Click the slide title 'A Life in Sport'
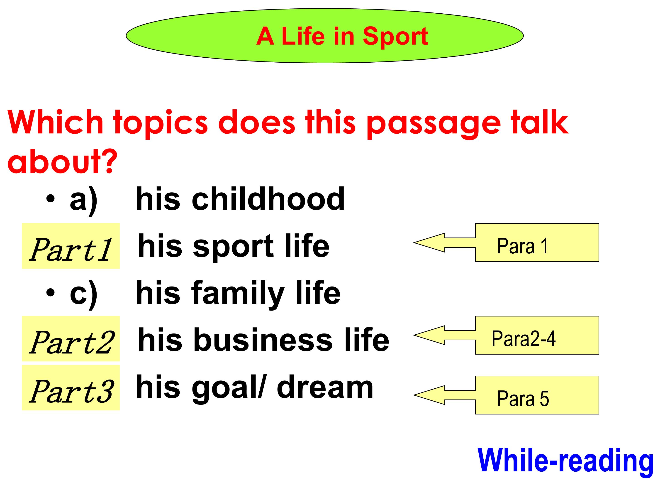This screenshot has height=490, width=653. [342, 36]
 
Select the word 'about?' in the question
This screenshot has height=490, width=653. [63, 162]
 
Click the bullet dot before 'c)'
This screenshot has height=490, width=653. [51, 293]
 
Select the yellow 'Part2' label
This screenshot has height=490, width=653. [71, 338]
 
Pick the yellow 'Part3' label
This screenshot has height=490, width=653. [71, 387]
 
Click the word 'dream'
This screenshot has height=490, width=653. [325, 387]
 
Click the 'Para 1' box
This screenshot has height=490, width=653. [537, 243]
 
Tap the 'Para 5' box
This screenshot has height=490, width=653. [537, 395]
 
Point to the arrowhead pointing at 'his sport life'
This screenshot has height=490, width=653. [429, 243]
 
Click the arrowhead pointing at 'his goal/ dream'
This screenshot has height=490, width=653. [429, 395]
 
